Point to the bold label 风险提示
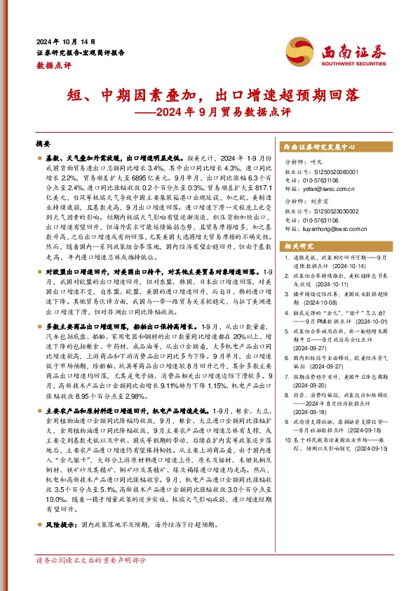pos(61,525)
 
